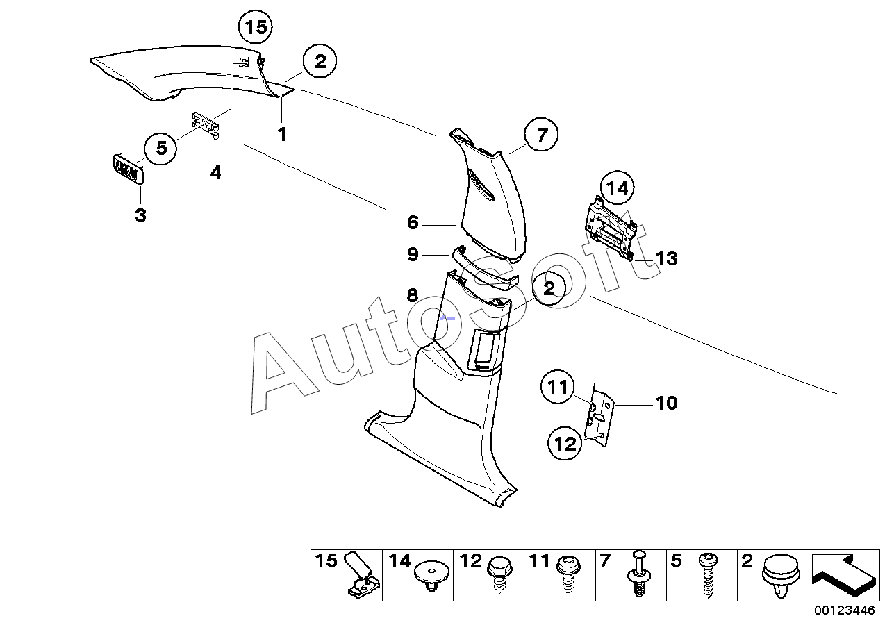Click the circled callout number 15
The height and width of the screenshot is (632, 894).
click(255, 28)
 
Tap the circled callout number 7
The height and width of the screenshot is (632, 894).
click(542, 135)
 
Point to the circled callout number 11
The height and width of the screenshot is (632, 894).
click(558, 388)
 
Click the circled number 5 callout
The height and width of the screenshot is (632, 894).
click(161, 148)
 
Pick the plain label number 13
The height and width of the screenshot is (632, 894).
click(665, 259)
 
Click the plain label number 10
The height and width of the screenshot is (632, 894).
click(666, 403)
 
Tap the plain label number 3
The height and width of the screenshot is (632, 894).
click(140, 215)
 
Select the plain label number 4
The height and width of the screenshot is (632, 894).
click(215, 172)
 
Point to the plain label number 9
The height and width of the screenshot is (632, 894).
click(413, 255)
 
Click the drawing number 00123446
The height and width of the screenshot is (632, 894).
click(845, 611)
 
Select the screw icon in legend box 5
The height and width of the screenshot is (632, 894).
click(709, 576)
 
